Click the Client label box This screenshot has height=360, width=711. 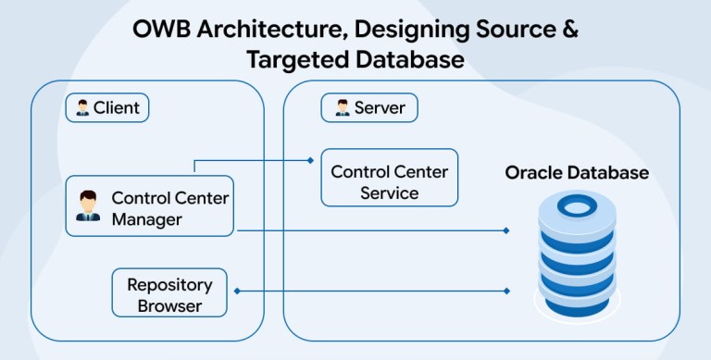[x=107, y=108]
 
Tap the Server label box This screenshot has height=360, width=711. [x=369, y=108]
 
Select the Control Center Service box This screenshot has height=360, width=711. [x=389, y=178]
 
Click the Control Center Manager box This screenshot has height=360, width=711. [x=150, y=206]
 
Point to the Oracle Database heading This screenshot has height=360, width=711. [x=577, y=173]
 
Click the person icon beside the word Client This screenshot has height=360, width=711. [x=82, y=108]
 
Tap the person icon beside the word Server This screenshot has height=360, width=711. [x=343, y=108]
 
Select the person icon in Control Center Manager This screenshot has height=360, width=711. [x=88, y=205]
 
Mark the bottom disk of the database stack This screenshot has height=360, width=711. [x=577, y=306]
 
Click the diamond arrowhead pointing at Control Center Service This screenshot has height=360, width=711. [x=310, y=160]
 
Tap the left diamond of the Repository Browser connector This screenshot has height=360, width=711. [x=237, y=292]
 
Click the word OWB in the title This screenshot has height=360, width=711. [x=161, y=30]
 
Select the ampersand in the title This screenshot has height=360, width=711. [x=568, y=30]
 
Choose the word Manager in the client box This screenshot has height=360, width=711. [x=147, y=220]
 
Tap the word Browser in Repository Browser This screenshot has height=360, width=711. [x=169, y=305]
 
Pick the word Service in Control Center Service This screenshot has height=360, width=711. [x=390, y=193]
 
